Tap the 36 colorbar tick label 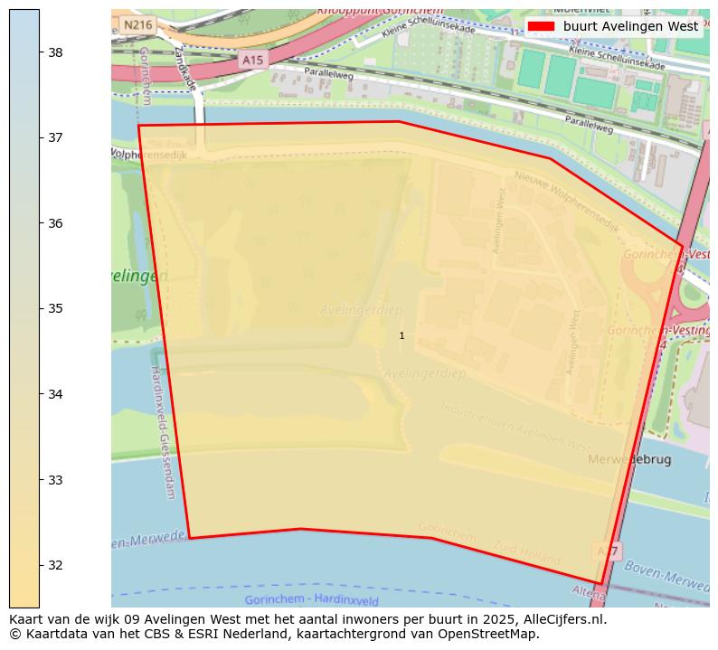[x=54, y=223]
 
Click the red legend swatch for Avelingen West [x=541, y=26]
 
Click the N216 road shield [x=137, y=25]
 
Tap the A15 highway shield [x=252, y=60]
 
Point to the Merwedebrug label [x=630, y=459]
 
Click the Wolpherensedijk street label [x=149, y=155]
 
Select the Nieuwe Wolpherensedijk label [x=566, y=202]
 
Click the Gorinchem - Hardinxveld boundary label [x=312, y=600]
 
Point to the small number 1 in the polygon [x=402, y=336]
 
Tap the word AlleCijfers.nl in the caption [x=562, y=619]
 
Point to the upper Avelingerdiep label [x=361, y=311]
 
